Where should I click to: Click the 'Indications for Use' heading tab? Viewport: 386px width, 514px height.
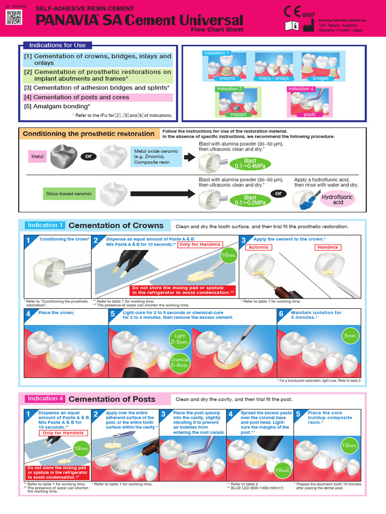point(57,45)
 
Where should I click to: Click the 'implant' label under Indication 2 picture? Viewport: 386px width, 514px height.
point(238,114)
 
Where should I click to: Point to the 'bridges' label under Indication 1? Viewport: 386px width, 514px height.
point(321,78)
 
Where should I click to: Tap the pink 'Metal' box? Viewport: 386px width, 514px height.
point(38,157)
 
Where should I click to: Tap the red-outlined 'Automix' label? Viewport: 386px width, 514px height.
point(259,247)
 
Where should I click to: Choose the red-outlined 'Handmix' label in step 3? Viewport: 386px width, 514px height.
point(328,247)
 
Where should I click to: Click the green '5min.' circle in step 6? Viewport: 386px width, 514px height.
point(350,335)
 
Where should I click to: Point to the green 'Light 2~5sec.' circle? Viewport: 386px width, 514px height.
point(179,339)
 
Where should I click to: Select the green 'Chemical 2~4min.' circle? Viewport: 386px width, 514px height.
point(179,362)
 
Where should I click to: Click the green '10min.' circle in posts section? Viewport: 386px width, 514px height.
point(350,445)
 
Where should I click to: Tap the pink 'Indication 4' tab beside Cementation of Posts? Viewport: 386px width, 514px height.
point(45,399)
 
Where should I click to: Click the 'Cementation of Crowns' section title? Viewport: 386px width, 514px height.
point(116,225)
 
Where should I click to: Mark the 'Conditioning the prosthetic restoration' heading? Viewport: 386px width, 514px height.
point(88,134)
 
